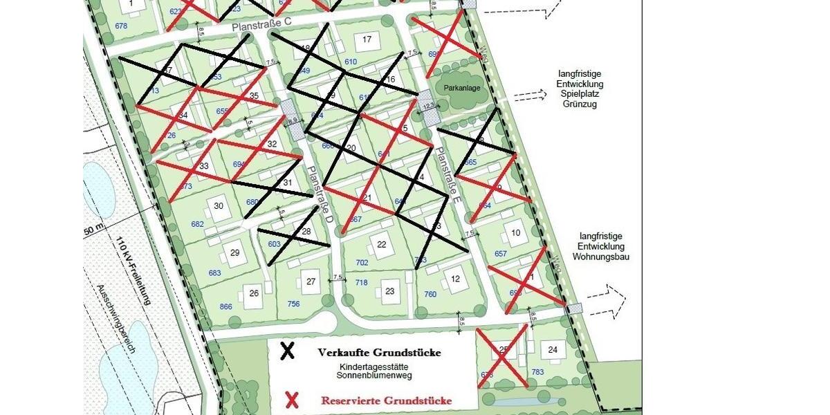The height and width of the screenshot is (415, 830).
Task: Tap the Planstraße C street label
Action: pyautogui.click(x=262, y=24)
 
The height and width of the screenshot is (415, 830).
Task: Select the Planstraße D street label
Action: pyautogui.click(x=321, y=194)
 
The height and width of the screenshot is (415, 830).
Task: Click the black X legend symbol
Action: pyautogui.click(x=287, y=351)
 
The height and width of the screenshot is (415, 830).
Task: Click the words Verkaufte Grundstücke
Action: pyautogui.click(x=379, y=352)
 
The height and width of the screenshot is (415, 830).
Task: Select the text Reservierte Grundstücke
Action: pyautogui.click(x=386, y=400)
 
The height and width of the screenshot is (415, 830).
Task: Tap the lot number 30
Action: pyautogui.click(x=219, y=206)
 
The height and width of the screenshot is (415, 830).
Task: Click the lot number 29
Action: pyautogui.click(x=234, y=252)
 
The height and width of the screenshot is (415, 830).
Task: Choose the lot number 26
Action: pyautogui.click(x=254, y=293)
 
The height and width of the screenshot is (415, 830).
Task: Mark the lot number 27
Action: pyautogui.click(x=311, y=281)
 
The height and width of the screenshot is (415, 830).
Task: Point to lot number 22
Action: pyautogui.click(x=381, y=245)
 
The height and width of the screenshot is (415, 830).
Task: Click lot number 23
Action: pyautogui.click(x=390, y=291)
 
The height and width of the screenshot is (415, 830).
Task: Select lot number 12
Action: pyautogui.click(x=455, y=279)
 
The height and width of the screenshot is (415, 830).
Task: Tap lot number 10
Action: pyautogui.click(x=515, y=233)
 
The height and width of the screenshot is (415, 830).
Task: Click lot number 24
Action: pyautogui.click(x=553, y=350)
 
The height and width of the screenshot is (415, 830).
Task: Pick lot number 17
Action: pyautogui.click(x=367, y=39)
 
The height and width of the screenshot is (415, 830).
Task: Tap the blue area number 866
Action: pyautogui.click(x=225, y=306)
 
